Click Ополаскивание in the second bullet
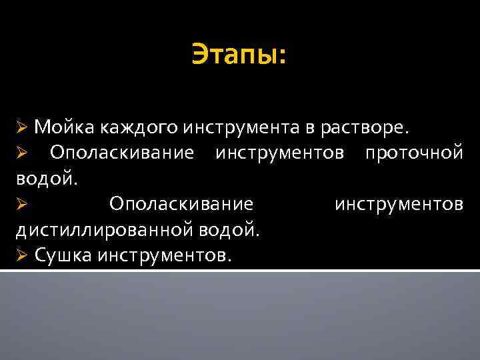(x=122, y=153)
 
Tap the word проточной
(x=413, y=153)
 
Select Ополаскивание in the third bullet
(x=181, y=204)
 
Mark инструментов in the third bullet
(x=399, y=204)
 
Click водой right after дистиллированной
(x=229, y=230)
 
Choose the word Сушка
(x=61, y=255)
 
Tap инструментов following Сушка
(x=165, y=255)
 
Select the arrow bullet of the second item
(x=21, y=153)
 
